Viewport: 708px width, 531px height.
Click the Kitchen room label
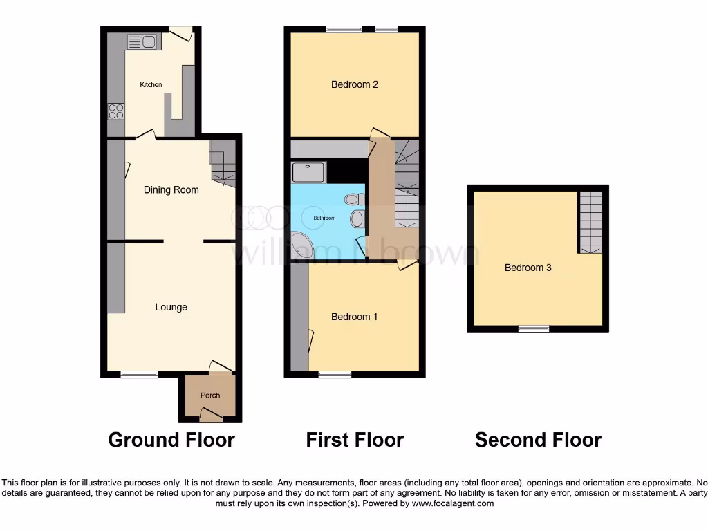click(x=151, y=85)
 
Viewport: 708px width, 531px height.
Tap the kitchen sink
click(x=143, y=41)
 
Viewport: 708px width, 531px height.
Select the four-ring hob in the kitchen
click(x=116, y=111)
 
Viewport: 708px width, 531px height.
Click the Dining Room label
click(x=171, y=190)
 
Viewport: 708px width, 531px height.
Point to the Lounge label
click(x=171, y=307)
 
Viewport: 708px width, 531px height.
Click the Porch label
click(x=210, y=395)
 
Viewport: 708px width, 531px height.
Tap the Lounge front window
click(x=139, y=375)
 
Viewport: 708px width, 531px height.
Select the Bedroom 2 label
click(x=354, y=85)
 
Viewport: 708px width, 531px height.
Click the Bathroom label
click(x=324, y=218)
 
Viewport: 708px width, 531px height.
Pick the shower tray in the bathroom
click(x=308, y=172)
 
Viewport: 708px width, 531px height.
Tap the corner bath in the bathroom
click(x=301, y=246)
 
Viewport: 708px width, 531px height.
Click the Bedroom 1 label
click(x=354, y=317)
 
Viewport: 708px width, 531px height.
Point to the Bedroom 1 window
click(x=335, y=375)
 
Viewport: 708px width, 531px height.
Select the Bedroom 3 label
click(x=528, y=268)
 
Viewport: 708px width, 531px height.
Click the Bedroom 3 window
click(x=534, y=329)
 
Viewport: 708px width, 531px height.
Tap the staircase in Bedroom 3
click(x=590, y=221)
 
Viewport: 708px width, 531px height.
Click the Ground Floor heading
click(x=171, y=440)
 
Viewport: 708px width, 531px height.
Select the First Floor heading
click(x=355, y=440)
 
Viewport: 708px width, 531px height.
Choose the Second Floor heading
click(x=538, y=440)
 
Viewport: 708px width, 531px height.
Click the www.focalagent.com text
click(x=454, y=504)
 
